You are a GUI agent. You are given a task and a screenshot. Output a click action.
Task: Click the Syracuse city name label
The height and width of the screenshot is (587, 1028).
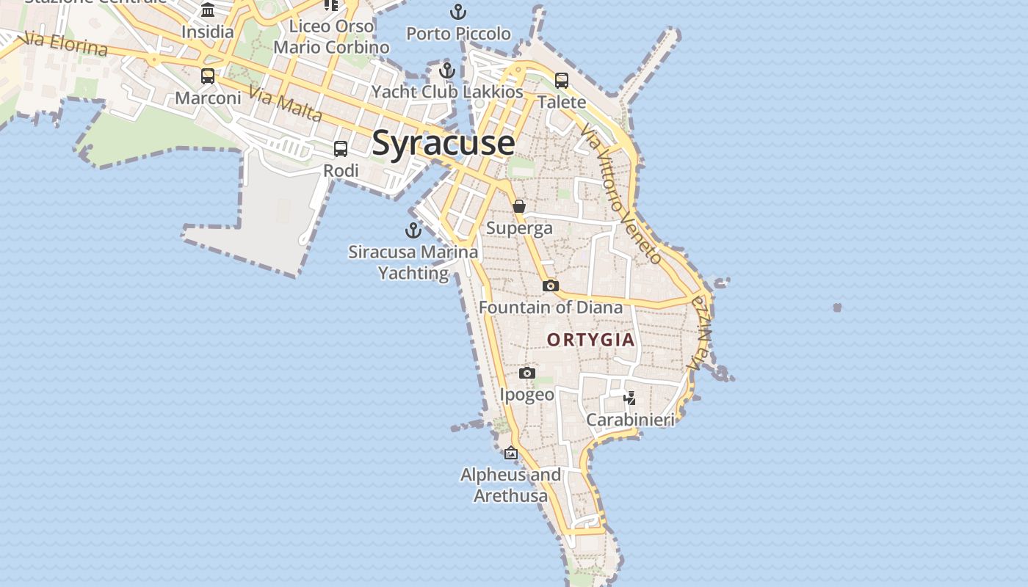coord(443,142)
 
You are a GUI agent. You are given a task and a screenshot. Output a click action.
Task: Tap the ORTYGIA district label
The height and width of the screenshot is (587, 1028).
coord(590,340)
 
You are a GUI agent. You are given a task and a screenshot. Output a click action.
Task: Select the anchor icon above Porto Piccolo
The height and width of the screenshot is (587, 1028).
coord(458,12)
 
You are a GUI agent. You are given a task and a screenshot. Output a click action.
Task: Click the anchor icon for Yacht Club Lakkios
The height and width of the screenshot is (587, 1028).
coord(447,71)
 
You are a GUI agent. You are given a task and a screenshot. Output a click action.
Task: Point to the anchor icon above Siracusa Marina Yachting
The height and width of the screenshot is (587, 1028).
coord(413,230)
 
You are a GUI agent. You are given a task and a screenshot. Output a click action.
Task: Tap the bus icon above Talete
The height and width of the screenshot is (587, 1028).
coord(562,81)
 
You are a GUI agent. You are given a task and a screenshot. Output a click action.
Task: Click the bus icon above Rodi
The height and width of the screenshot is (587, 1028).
coord(341,149)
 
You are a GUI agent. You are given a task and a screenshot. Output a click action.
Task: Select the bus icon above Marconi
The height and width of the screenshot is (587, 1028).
coord(208,76)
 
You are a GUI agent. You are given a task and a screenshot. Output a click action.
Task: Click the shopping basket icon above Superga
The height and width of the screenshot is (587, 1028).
coord(519,206)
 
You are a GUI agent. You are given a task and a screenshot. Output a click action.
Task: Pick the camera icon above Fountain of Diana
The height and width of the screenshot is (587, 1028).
coord(551,285)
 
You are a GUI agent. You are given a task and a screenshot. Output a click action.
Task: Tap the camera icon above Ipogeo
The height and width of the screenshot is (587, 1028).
coord(526,373)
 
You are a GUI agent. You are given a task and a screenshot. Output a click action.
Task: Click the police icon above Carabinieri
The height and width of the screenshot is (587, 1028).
coord(629,398)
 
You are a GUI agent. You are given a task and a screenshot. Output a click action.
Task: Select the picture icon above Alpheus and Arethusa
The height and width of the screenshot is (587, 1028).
coord(511,453)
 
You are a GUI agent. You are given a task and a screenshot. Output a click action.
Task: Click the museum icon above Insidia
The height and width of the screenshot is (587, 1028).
coord(208,10)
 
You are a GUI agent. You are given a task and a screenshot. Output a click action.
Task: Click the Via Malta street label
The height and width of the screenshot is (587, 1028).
coord(286,103)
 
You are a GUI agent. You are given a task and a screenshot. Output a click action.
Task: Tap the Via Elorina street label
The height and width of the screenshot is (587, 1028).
coord(66,44)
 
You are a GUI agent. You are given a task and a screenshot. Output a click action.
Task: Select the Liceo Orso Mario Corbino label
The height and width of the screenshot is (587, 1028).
coord(331,37)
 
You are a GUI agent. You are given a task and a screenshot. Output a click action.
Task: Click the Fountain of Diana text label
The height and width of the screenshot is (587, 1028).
coord(551,307)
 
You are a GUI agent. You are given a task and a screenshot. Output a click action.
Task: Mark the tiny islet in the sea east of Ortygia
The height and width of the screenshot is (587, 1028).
coord(837,307)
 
